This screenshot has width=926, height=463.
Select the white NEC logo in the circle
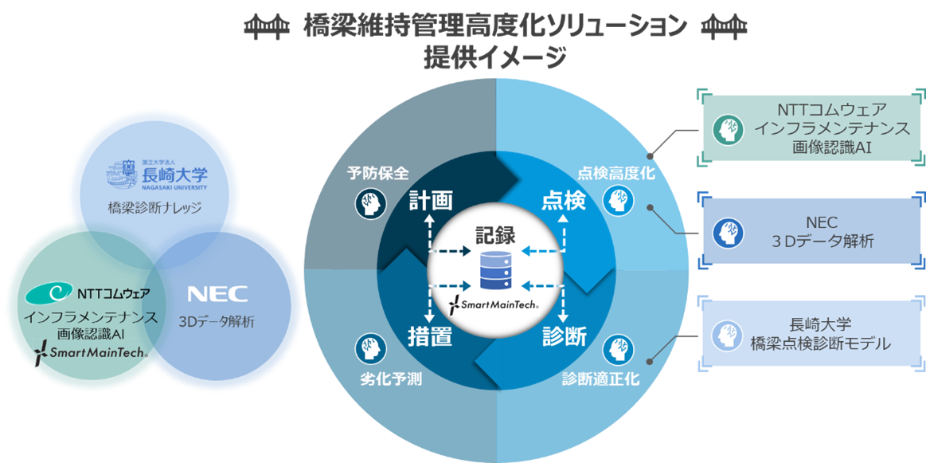pos(217,294)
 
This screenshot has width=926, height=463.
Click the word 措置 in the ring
pos(430,337)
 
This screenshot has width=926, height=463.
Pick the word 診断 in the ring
pos(564,337)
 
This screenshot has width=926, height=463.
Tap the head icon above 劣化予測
pos(365,348)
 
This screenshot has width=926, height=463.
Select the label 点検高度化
pos(615,174)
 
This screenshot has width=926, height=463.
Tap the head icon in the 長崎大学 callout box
pos(726,334)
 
